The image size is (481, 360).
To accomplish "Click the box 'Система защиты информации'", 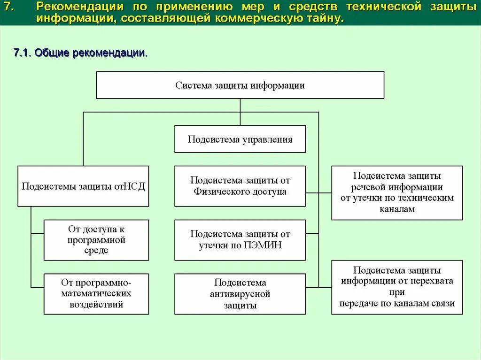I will (x=240, y=85).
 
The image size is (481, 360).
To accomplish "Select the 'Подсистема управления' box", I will (x=240, y=139).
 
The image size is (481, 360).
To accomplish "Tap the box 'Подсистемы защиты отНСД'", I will (x=83, y=186).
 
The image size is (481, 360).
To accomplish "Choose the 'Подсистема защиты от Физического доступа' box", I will (x=240, y=186).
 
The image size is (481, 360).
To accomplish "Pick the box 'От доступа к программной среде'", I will (x=96, y=240).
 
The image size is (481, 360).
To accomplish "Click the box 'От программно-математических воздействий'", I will (x=96, y=294).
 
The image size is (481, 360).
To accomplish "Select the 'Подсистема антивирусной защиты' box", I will (x=240, y=294).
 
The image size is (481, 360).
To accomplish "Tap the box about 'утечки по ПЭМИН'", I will (x=240, y=240).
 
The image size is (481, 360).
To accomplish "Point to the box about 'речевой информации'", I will (x=397, y=192).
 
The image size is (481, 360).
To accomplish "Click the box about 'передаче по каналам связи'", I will (x=397, y=287).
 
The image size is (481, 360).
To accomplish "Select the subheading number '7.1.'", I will (x=23, y=53).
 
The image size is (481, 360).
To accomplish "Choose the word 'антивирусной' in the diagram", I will (x=240, y=294).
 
